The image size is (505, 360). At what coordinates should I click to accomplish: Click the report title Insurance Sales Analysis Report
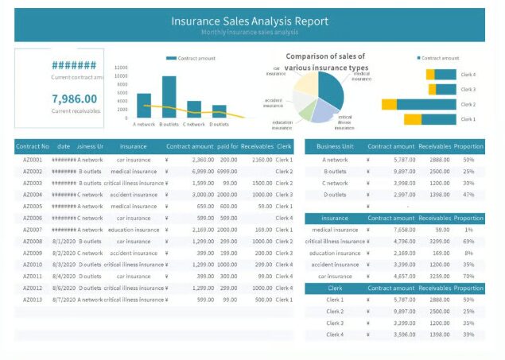[x=250, y=21]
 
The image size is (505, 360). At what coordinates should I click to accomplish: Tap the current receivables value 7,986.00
[x=75, y=99]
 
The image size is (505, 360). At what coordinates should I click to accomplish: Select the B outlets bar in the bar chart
[x=169, y=97]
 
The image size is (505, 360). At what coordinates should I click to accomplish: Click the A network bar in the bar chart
[x=144, y=106]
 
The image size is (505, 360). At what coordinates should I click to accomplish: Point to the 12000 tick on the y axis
[x=121, y=68]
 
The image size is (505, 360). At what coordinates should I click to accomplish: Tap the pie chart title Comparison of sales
[x=325, y=56]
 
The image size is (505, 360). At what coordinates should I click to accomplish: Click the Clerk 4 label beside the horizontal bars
[x=468, y=75]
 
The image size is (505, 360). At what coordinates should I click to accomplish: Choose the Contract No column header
[x=33, y=146]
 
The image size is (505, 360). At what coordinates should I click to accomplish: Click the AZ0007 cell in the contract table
[x=33, y=230]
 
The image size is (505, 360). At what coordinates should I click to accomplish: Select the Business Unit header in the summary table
[x=335, y=146]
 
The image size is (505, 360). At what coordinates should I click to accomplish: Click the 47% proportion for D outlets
[x=468, y=195]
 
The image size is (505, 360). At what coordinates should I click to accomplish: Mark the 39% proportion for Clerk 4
[x=468, y=335]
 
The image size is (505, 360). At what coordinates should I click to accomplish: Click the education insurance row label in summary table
[x=335, y=253]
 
